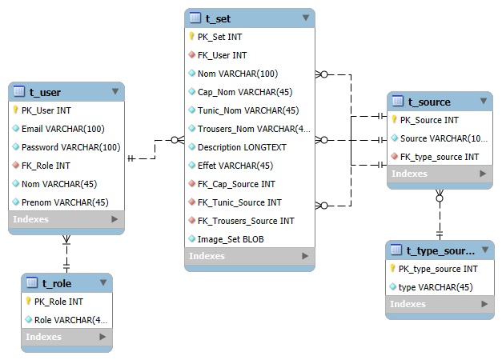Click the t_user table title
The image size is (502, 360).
click(x=45, y=93)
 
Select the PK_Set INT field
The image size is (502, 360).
click(x=219, y=37)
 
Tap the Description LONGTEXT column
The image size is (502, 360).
click(x=242, y=147)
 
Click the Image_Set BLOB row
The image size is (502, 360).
click(x=231, y=239)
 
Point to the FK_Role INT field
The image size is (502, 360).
click(x=46, y=166)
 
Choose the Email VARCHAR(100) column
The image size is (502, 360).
click(x=63, y=129)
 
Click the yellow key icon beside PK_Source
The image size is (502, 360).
click(x=394, y=120)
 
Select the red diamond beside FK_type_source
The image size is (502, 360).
click(x=395, y=157)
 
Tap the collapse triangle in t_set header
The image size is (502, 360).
click(x=306, y=18)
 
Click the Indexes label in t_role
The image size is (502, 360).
click(x=43, y=337)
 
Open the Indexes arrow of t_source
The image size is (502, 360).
click(x=483, y=174)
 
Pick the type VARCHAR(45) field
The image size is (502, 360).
click(x=436, y=287)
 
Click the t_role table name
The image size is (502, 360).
click(x=57, y=283)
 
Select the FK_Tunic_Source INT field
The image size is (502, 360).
click(x=239, y=202)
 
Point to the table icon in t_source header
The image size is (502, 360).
click(x=398, y=101)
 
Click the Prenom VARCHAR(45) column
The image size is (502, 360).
click(x=65, y=202)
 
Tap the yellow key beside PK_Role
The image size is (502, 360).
click(x=28, y=301)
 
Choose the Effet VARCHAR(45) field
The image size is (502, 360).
click(x=235, y=166)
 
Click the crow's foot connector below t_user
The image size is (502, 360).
click(x=66, y=239)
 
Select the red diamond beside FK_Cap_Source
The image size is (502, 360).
click(x=192, y=184)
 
